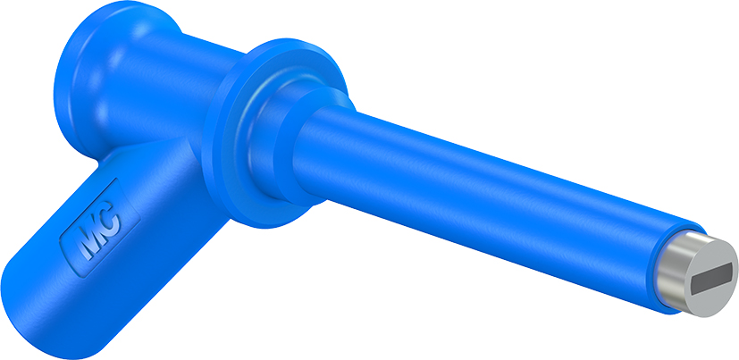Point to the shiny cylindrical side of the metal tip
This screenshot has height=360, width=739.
(x=668, y=273)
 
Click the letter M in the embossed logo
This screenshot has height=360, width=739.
(x=88, y=237)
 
